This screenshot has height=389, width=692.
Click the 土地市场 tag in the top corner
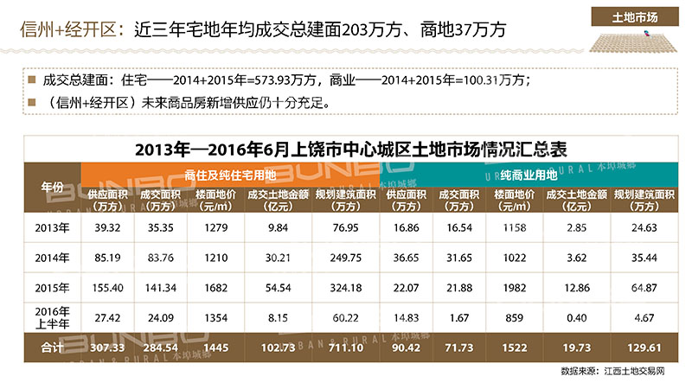(x=635, y=16)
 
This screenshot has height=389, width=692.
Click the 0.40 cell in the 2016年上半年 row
(x=576, y=317)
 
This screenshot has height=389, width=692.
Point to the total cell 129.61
(x=642, y=347)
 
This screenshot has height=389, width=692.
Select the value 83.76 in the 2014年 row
(x=157, y=257)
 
